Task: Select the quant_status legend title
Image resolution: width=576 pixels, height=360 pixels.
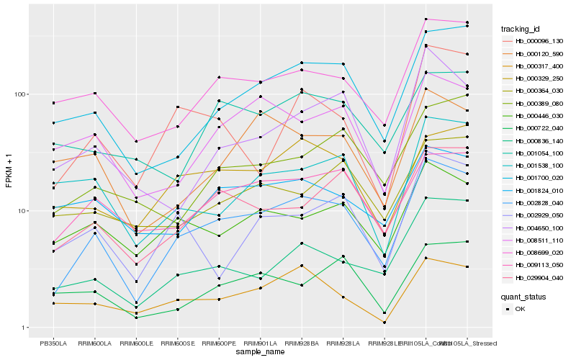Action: (523, 296)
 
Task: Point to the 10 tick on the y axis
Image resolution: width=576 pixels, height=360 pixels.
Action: (22, 211)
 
